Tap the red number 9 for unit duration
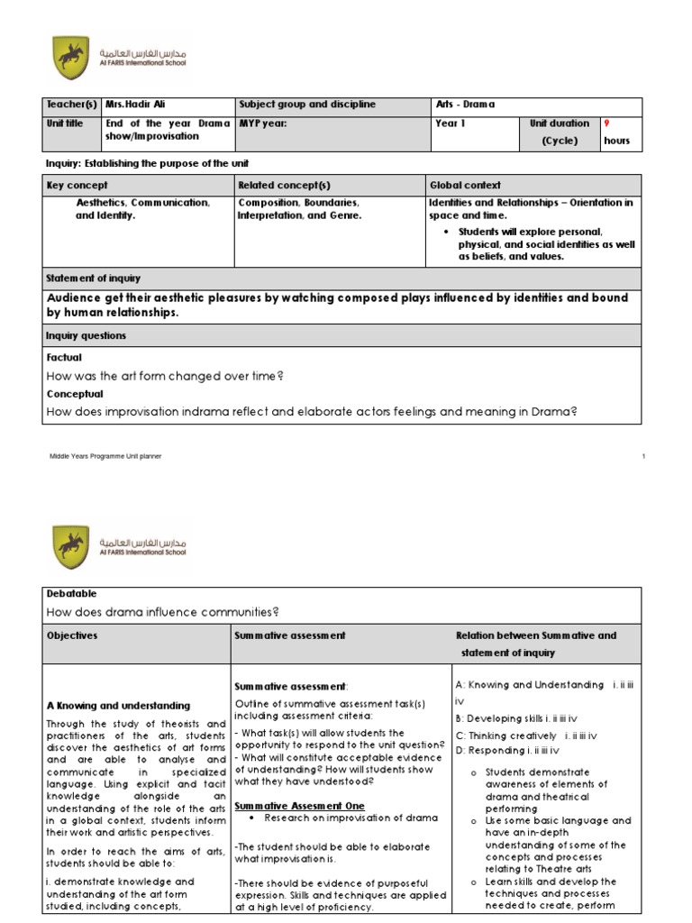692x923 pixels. [x=605, y=123]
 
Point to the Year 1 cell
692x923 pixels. [x=451, y=123]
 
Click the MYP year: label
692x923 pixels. [x=262, y=123]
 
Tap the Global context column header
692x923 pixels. [x=465, y=185]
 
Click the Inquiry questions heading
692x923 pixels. [x=86, y=336]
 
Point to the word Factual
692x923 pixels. [x=64, y=357]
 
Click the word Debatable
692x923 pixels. [x=70, y=594]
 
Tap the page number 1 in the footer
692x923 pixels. [x=643, y=457]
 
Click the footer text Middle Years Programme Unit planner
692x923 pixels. [x=105, y=457]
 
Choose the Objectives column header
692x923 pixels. [x=72, y=635]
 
